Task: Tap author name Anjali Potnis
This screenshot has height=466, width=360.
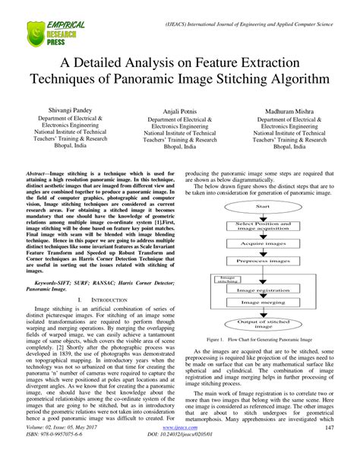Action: pyautogui.click(x=180, y=112)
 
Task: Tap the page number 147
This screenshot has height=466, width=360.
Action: pyautogui.click(x=329, y=450)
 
